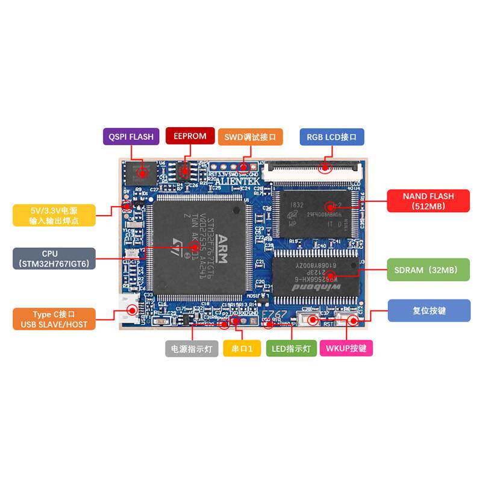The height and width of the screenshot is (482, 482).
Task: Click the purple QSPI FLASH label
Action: pyautogui.click(x=131, y=136)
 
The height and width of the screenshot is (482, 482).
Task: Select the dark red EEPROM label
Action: pyautogui.click(x=189, y=136)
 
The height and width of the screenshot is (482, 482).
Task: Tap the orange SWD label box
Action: pyautogui.click(x=249, y=137)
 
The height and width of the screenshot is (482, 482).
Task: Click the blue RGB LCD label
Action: pyautogui.click(x=331, y=137)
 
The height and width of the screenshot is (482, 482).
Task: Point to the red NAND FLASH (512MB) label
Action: pyautogui.click(x=428, y=201)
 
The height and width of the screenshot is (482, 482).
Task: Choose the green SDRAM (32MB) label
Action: pyautogui.click(x=429, y=270)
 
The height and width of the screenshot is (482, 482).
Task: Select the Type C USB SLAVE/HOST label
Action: pyautogui.click(x=54, y=319)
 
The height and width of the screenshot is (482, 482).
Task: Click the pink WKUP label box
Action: pyautogui.click(x=346, y=348)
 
